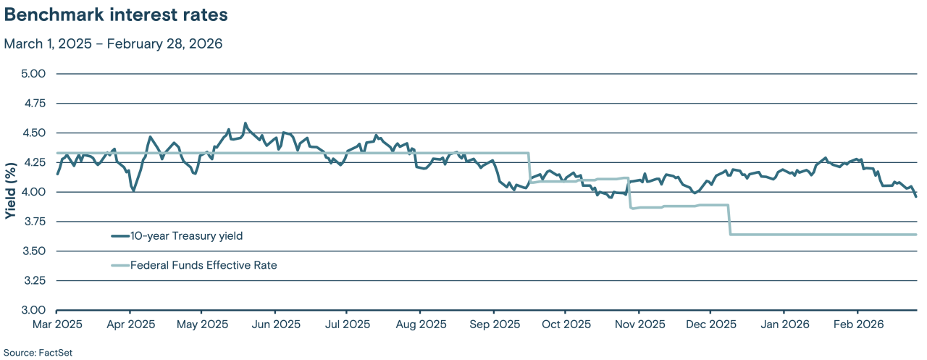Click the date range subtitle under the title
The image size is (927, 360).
point(113,43)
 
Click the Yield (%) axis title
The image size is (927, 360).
point(10,192)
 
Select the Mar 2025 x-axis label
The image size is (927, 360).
point(56,324)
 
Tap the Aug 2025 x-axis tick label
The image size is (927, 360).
point(420,324)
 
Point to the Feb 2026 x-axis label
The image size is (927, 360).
point(857,324)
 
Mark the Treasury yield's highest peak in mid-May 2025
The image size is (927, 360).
point(245,123)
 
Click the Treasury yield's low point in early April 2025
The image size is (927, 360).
point(133,191)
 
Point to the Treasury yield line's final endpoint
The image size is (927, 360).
point(916,196)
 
